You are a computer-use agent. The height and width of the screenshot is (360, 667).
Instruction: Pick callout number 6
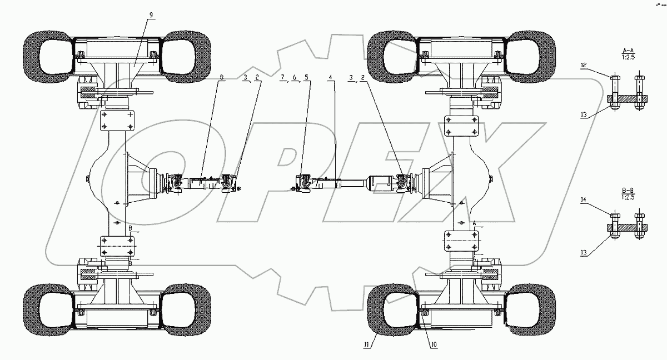coord(294,78)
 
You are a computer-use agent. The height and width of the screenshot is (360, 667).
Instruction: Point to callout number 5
coord(307,78)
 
